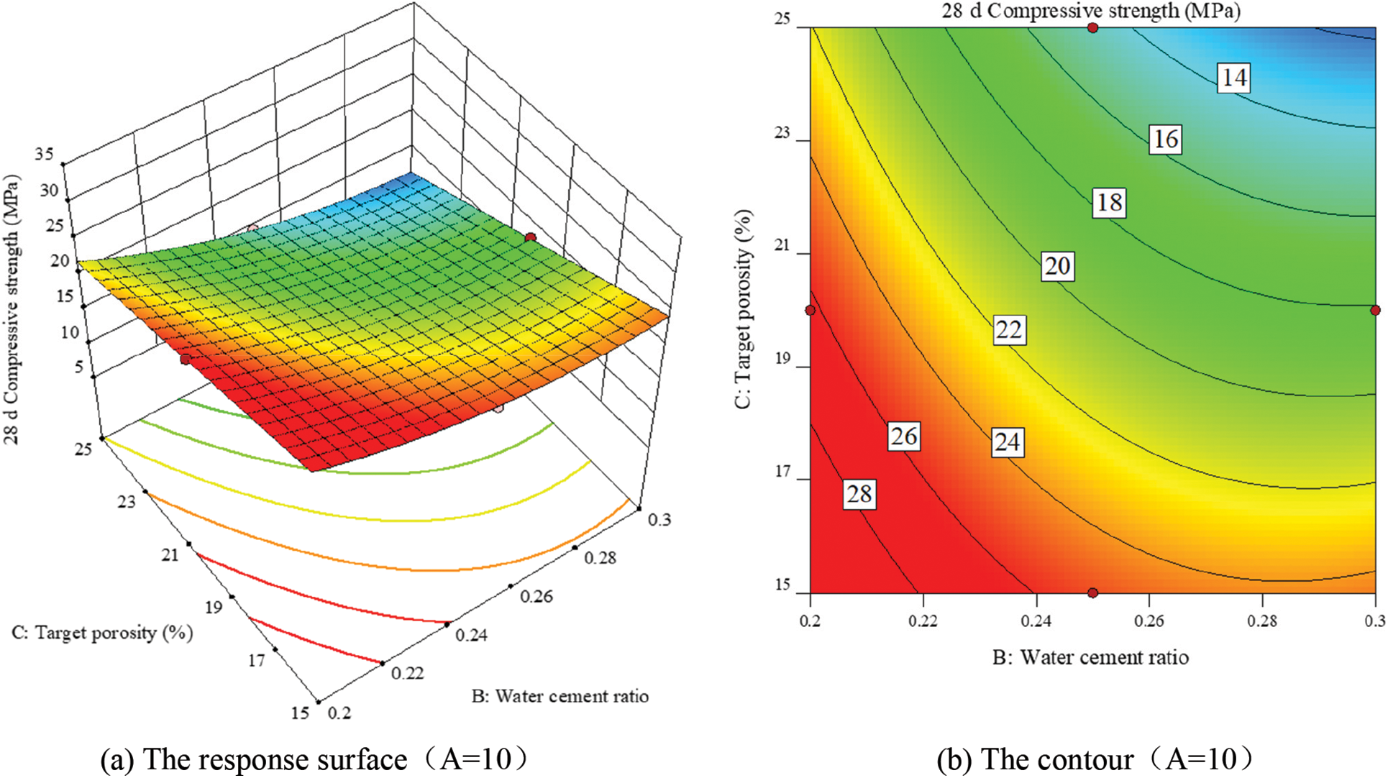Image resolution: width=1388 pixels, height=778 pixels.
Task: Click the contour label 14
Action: [1234, 77]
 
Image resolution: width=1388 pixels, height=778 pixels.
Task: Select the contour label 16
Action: [1165, 139]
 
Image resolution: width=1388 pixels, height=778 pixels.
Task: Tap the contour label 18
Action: [1109, 202]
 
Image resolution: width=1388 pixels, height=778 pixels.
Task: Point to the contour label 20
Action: [1057, 266]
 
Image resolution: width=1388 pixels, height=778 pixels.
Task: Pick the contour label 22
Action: [1008, 329]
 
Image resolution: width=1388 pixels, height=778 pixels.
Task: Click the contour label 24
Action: [1007, 441]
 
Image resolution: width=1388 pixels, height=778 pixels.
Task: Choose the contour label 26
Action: [904, 436]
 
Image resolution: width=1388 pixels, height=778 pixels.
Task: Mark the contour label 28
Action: [859, 494]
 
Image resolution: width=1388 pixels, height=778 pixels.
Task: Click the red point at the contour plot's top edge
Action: [1092, 28]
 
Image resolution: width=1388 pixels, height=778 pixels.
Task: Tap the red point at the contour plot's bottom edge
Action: [1092, 593]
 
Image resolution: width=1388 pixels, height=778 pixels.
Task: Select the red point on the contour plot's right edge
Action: [1375, 311]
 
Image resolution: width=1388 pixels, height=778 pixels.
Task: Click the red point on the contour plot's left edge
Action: [811, 311]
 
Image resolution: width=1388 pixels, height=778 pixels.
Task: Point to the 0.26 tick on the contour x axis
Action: [1149, 621]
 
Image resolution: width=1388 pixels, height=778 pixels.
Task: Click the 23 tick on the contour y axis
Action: [782, 133]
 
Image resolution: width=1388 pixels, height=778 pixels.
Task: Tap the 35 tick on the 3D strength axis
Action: [45, 153]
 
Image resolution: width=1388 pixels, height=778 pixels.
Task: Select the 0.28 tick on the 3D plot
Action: [600, 558]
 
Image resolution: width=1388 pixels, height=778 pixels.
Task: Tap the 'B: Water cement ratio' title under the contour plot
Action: [1090, 657]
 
